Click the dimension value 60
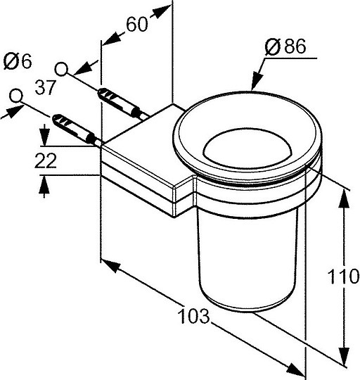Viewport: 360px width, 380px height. (137, 25)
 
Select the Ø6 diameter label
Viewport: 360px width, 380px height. (18, 61)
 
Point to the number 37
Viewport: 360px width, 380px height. (46, 87)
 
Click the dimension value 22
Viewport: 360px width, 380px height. (46, 160)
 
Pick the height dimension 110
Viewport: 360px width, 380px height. (343, 276)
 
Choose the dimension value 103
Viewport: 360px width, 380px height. (193, 316)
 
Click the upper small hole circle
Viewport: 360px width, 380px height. (61, 69)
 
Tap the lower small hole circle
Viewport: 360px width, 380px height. (16, 96)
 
